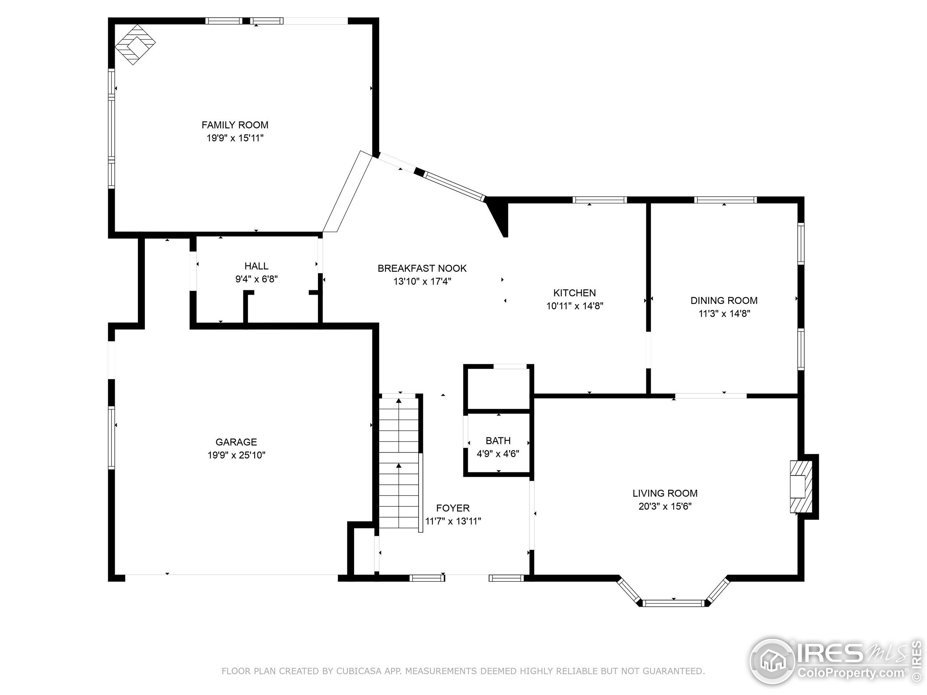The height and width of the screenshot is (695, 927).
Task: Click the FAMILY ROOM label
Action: point(235,125)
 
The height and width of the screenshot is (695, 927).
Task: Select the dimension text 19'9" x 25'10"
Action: point(236,455)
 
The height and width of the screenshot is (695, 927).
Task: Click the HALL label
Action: point(256,266)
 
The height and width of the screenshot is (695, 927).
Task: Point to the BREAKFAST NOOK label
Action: point(422,268)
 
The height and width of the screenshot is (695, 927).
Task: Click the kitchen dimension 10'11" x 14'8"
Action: point(575,306)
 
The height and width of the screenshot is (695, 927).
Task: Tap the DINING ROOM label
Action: point(724,300)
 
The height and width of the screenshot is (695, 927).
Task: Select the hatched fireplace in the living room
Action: point(801,487)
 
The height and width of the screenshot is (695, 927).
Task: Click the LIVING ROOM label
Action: point(665,493)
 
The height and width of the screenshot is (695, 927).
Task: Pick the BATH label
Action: point(498,441)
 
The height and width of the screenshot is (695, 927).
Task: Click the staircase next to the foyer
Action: point(399,463)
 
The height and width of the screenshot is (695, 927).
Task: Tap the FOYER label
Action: point(453,508)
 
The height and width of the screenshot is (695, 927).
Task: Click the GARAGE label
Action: point(236,442)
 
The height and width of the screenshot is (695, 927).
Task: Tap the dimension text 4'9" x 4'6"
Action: point(498,454)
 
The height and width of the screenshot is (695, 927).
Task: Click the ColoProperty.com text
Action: point(851,673)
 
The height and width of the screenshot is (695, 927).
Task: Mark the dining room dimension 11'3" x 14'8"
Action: point(724,313)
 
